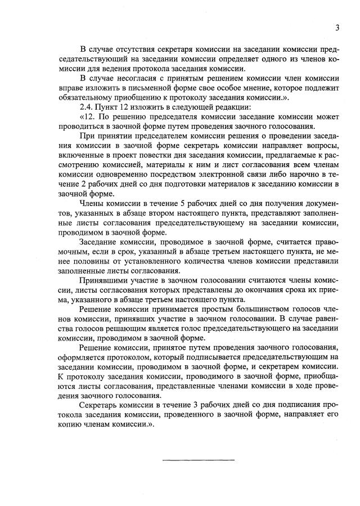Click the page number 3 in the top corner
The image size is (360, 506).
(x=337, y=28)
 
